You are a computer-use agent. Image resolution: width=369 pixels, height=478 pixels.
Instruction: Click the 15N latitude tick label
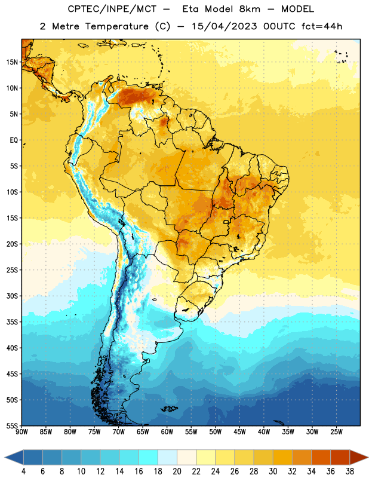(x=12, y=62)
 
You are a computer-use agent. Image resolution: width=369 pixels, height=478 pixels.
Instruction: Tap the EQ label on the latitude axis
(x=14, y=140)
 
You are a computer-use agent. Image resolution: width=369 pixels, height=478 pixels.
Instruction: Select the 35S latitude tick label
(x=12, y=322)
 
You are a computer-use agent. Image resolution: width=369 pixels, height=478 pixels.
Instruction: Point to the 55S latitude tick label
(x=12, y=425)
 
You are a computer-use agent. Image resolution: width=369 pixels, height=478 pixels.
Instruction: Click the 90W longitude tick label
(x=21, y=432)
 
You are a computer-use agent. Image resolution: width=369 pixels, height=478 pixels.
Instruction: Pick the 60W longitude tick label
(x=167, y=432)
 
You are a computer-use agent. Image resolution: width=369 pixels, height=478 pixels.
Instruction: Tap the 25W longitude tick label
(x=336, y=432)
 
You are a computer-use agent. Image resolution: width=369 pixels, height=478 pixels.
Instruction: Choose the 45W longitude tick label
(x=239, y=432)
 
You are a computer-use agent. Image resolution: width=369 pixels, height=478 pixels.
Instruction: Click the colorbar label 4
(x=23, y=471)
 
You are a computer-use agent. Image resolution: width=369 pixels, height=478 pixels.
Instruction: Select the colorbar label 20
(x=177, y=471)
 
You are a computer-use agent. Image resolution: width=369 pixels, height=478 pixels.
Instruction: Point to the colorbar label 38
(x=350, y=471)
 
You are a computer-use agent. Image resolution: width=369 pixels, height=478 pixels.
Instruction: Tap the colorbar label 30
(x=273, y=471)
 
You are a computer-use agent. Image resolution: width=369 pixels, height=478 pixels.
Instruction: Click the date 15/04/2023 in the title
(x=224, y=26)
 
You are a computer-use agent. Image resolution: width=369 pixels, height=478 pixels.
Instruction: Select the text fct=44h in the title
(x=322, y=26)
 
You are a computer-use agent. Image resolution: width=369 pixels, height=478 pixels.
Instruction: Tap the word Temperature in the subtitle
(x=117, y=26)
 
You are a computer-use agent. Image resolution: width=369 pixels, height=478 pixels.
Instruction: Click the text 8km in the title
(x=250, y=9)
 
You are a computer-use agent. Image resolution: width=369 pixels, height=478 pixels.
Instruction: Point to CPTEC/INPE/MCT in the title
(x=112, y=9)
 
